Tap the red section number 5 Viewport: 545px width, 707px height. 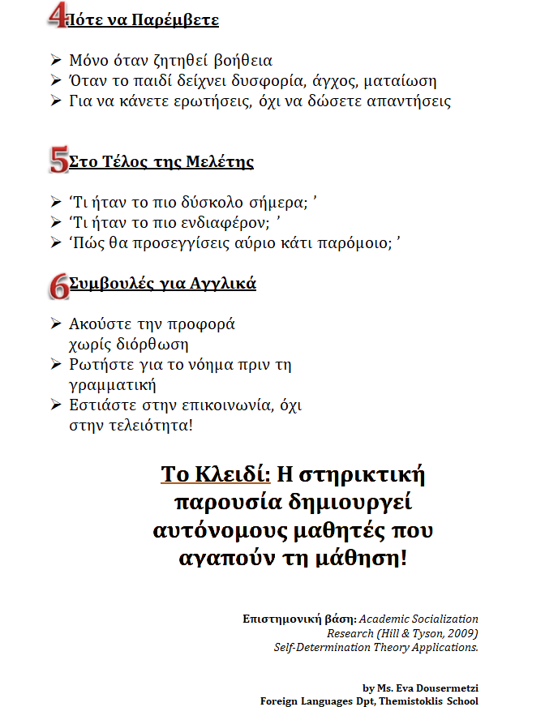click(x=58, y=160)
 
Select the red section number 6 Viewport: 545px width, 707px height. click(x=58, y=284)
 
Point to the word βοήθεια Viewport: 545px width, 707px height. click(x=243, y=61)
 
